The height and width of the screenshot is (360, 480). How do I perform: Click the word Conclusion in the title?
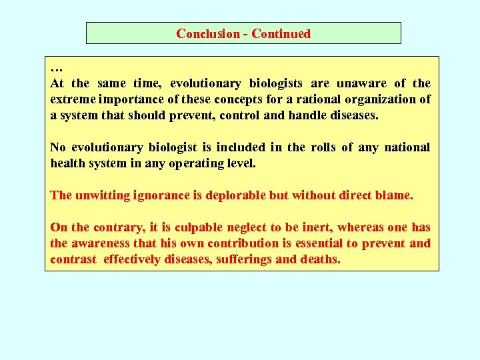(207, 33)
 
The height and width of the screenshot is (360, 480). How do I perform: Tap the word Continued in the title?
(281, 33)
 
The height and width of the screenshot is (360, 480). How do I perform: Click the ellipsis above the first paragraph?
(56, 69)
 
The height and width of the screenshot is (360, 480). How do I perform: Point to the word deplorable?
(231, 195)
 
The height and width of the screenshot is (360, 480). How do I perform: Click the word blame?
(395, 195)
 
